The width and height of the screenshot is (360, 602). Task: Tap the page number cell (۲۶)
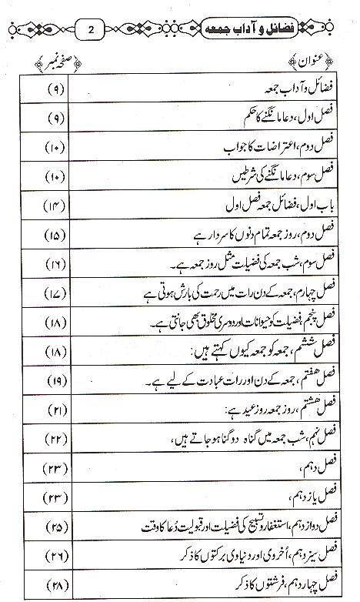56,553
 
